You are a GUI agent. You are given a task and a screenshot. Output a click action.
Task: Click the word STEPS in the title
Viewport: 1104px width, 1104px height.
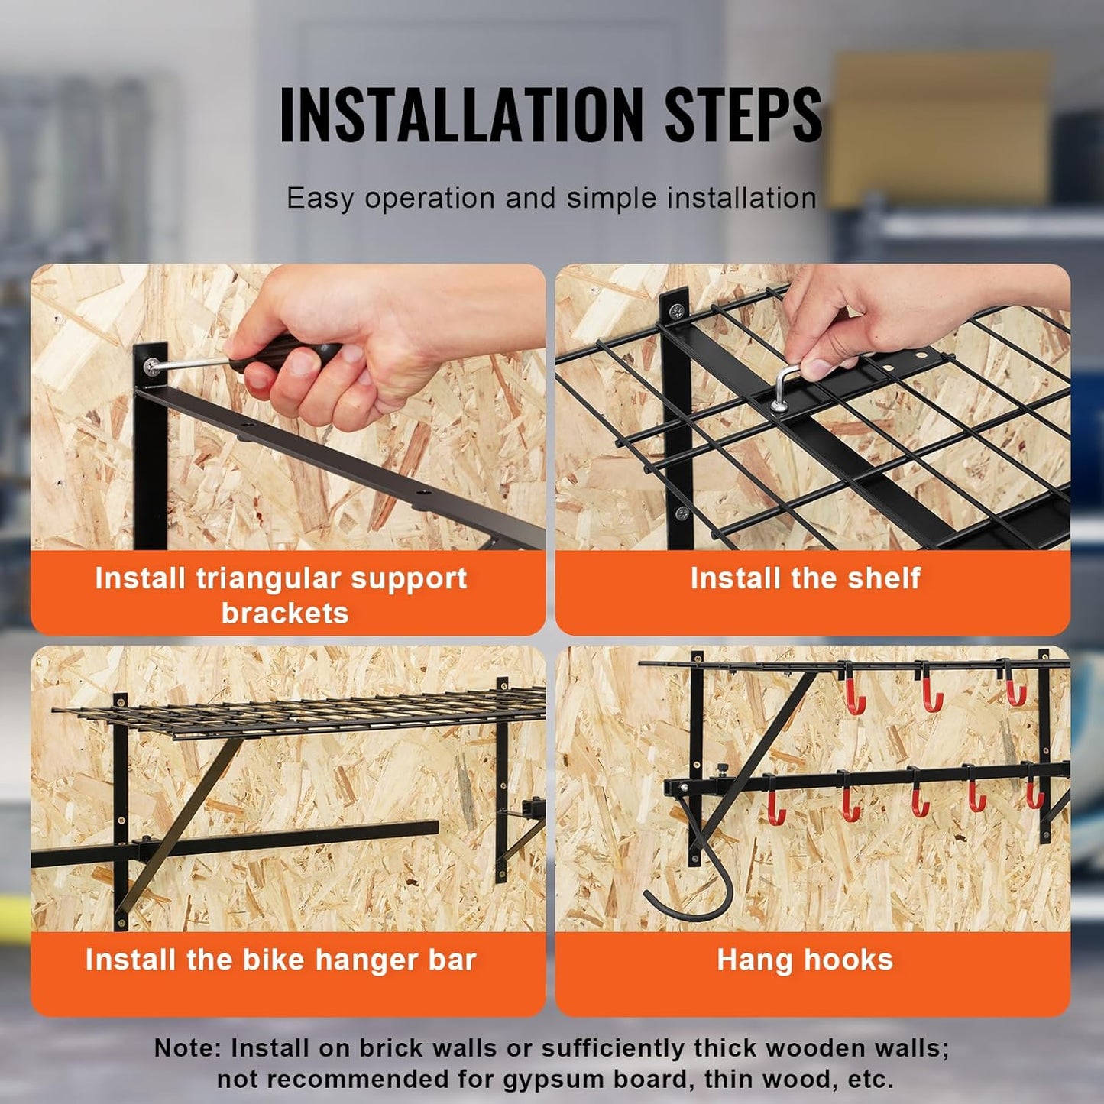[x=743, y=115]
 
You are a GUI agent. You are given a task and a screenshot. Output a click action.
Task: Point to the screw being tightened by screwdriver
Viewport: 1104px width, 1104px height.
[x=154, y=366]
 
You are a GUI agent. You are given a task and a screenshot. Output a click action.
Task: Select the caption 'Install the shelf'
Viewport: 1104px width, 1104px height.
[x=805, y=578]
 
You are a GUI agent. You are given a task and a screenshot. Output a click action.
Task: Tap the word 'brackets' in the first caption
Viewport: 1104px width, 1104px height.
[x=285, y=614]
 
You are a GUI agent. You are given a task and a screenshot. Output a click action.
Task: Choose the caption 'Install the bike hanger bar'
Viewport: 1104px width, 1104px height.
[x=280, y=960]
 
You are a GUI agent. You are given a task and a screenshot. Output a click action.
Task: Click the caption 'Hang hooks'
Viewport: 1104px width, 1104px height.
[x=805, y=960]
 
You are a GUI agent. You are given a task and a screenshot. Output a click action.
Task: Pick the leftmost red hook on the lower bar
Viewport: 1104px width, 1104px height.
[x=775, y=806]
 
